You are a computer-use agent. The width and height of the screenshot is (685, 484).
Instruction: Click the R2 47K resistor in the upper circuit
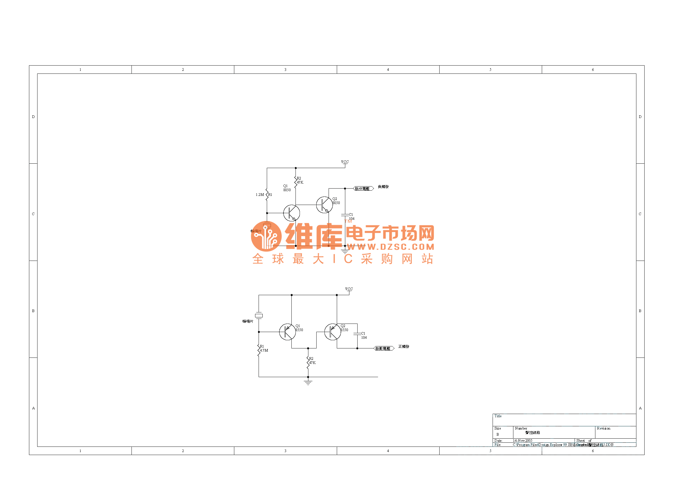tap(296, 182)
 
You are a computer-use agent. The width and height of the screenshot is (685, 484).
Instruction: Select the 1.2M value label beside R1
tap(259, 195)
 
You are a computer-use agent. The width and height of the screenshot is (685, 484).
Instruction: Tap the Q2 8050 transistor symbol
tap(324, 205)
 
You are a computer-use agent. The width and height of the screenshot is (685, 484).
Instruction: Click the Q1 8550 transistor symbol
tap(287, 332)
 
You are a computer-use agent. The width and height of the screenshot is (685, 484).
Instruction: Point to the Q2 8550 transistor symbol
tap(332, 332)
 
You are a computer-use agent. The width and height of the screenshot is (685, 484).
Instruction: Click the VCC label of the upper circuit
tap(345, 162)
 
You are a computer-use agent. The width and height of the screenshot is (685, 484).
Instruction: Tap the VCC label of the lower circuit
tap(349, 289)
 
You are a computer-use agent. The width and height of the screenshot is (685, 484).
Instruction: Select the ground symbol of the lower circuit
tap(308, 382)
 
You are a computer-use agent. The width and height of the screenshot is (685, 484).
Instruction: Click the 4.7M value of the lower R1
tap(264, 350)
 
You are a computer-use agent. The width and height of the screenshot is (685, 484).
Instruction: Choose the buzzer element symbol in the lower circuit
tap(259, 315)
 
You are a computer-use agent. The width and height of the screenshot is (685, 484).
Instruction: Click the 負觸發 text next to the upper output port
tap(383, 187)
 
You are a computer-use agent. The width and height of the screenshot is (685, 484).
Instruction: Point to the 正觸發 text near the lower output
tap(404, 346)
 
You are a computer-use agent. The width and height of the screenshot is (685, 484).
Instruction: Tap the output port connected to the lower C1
tap(384, 348)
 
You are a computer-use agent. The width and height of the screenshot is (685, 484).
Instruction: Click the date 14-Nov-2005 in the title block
tap(522, 440)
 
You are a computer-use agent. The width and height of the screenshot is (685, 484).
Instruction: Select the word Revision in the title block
tap(603, 428)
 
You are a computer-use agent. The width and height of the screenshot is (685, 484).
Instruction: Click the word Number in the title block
tap(521, 428)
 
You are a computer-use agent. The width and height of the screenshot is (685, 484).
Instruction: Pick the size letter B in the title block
tap(498, 435)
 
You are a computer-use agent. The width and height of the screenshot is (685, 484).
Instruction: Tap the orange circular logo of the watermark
tap(266, 236)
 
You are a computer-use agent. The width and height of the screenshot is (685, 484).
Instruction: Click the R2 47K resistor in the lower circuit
tap(308, 362)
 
